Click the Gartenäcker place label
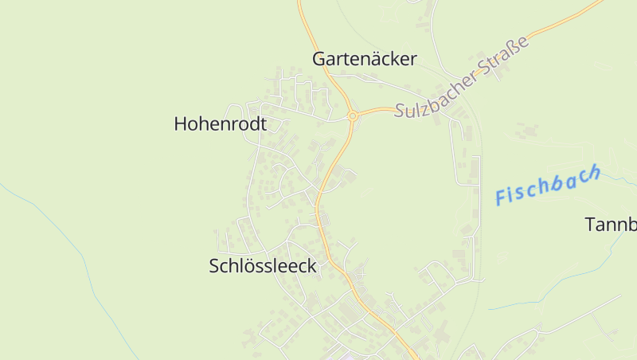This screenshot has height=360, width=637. pyautogui.click(x=365, y=59)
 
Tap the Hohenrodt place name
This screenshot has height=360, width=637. pyautogui.click(x=220, y=123)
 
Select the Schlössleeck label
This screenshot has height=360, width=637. pyautogui.click(x=263, y=267)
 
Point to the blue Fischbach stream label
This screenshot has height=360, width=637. pyautogui.click(x=547, y=186)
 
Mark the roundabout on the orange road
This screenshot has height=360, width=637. pyautogui.click(x=352, y=116)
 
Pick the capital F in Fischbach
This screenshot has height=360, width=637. pyautogui.click(x=502, y=196)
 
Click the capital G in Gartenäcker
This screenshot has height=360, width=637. pyautogui.click(x=320, y=59)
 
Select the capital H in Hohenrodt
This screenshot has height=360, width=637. pyautogui.click(x=181, y=123)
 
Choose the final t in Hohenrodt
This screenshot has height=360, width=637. pyautogui.click(x=263, y=123)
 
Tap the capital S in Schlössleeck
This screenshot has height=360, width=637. pyautogui.click(x=215, y=267)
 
